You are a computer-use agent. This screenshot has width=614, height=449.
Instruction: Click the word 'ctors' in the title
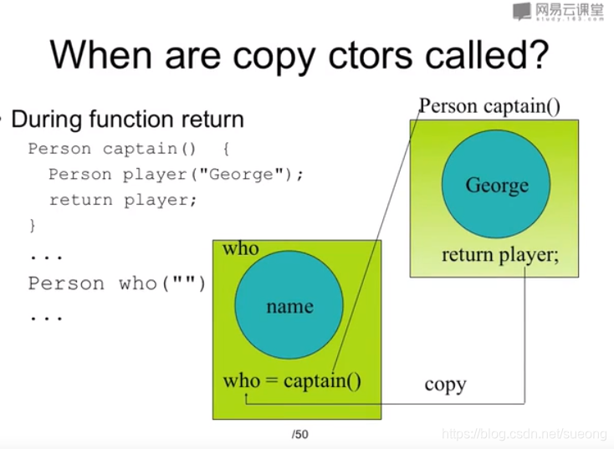coord(370,55)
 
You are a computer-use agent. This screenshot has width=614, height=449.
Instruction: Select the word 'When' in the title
coord(101,54)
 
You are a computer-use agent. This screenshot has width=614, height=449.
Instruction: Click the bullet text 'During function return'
coord(127,119)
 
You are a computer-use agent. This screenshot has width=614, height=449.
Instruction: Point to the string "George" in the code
coord(240,173)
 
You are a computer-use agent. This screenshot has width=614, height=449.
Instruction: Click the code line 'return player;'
coord(122,201)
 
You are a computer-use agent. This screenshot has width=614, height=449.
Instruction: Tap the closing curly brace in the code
coord(33,226)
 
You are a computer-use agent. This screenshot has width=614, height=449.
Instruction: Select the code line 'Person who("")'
coord(116,283)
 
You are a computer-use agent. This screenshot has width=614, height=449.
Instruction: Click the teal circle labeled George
coord(496,184)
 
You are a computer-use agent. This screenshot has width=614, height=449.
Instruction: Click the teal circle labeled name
coord(289,305)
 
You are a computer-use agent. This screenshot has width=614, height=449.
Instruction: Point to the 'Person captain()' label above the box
coord(489,106)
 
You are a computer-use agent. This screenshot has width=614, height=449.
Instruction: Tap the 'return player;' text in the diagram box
coord(500,255)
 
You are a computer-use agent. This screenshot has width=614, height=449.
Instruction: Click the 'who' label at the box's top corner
coord(240,248)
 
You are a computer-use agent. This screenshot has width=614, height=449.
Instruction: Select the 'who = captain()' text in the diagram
coord(292,380)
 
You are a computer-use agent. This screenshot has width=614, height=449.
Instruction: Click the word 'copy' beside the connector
coord(445,385)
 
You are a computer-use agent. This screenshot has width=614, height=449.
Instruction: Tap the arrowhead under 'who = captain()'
coord(246,395)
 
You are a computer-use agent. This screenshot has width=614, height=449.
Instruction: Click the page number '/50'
coord(300,434)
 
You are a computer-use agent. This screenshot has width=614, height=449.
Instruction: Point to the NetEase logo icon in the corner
coord(522,11)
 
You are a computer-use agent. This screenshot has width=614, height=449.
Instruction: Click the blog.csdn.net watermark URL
coord(524,434)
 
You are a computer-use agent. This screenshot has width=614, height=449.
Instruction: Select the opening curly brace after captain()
coord(227,148)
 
